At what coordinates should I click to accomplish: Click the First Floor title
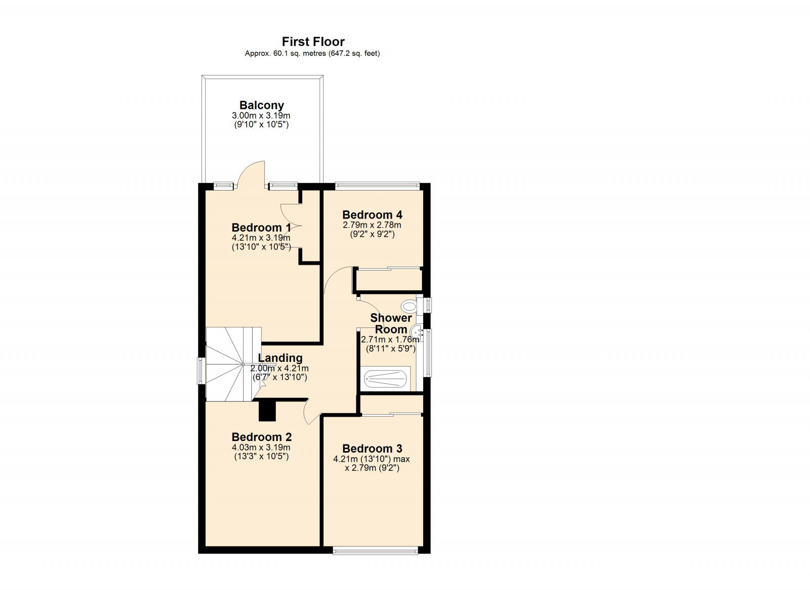pos(313,42)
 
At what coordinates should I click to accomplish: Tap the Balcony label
pos(261,105)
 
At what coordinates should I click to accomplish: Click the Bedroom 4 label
pos(372,214)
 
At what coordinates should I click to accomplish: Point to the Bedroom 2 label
pos(261,437)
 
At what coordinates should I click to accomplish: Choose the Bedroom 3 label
pos(372,449)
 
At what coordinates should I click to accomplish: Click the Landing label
pos(280,358)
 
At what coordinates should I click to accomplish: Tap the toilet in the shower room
pos(408,306)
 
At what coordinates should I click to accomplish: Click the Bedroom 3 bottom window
pos(375,549)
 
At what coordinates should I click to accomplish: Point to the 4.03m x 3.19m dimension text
pos(261,448)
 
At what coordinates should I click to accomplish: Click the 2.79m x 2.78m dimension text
pos(372,225)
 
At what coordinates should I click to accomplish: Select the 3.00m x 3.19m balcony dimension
pos(261,116)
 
